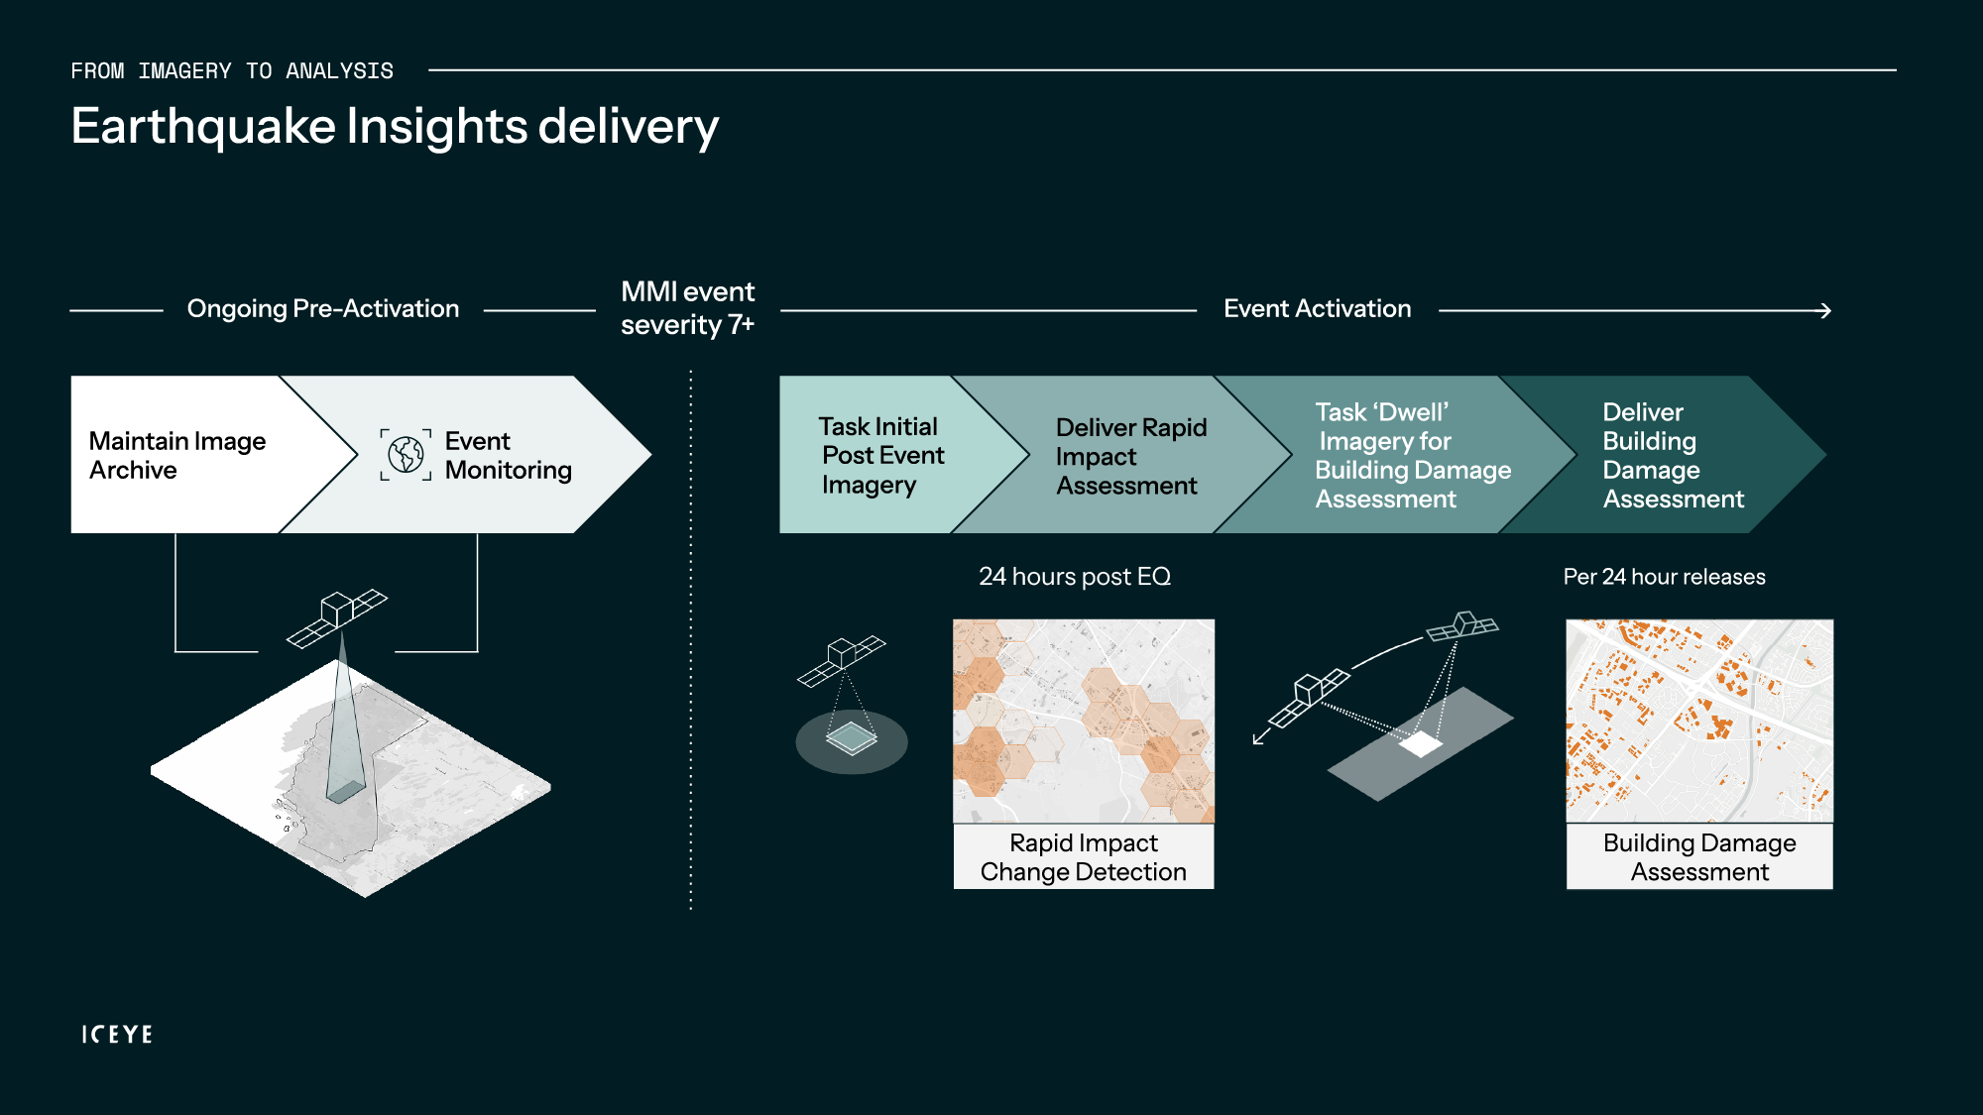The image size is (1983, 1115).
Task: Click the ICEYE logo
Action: point(117,1034)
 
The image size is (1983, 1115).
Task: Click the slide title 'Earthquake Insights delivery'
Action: point(395,127)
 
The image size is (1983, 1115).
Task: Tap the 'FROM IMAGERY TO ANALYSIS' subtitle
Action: point(232,71)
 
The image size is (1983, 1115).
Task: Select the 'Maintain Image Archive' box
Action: point(177,455)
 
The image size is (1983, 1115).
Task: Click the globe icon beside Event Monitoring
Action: point(406,455)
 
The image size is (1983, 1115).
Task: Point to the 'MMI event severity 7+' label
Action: point(687,308)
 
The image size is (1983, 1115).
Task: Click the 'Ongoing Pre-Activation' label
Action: point(323,309)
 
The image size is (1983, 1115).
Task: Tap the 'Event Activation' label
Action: point(1317,309)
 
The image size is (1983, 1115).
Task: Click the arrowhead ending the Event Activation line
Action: point(1824,311)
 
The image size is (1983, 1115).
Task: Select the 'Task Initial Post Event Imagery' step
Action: point(880,456)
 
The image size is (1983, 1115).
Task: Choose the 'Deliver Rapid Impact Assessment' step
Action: point(1130,456)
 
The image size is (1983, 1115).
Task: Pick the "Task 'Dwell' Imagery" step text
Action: point(1412,456)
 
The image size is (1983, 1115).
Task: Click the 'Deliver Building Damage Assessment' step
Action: point(1672,456)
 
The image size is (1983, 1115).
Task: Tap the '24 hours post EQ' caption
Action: point(1075,577)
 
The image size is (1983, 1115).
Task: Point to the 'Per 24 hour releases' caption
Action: point(1664,577)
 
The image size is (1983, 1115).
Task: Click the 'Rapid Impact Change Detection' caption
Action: point(1083,857)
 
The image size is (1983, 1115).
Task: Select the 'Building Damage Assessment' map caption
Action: point(1699,857)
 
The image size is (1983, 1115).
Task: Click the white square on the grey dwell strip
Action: point(1421,743)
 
